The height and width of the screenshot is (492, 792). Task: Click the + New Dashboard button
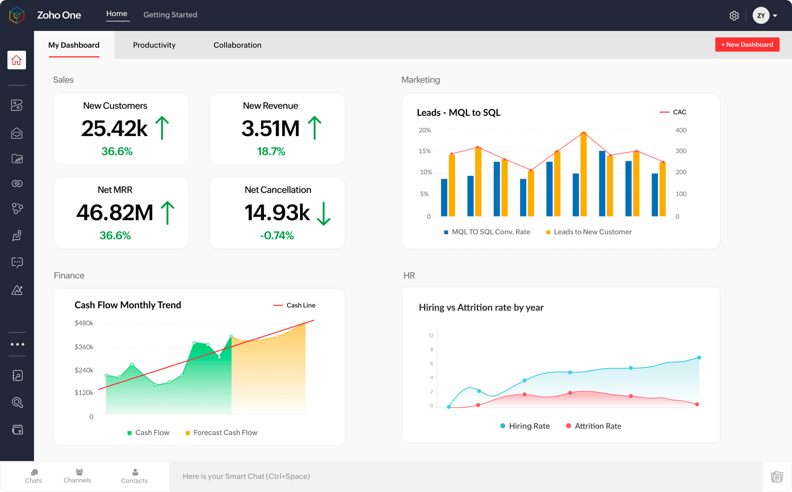click(747, 45)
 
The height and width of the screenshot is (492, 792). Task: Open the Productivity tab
click(154, 45)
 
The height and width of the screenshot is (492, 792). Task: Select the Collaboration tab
click(237, 45)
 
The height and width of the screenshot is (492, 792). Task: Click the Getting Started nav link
click(170, 15)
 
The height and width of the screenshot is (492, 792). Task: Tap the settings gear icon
click(734, 15)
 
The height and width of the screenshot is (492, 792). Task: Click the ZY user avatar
click(760, 15)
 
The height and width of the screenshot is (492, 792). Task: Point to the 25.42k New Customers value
click(114, 128)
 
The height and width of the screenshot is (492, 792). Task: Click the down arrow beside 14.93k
click(323, 214)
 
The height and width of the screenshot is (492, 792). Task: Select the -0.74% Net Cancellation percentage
click(277, 235)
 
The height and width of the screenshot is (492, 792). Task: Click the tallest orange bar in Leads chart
click(583, 175)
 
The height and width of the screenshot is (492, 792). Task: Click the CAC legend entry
click(673, 112)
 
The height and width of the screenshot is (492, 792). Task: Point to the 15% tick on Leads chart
click(424, 151)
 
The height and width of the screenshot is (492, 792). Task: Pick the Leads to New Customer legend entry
click(589, 232)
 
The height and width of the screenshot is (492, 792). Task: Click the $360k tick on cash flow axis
click(84, 347)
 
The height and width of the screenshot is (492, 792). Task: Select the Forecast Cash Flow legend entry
click(222, 433)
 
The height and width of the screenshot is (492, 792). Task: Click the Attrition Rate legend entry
click(594, 426)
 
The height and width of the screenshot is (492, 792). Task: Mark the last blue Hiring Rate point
click(699, 358)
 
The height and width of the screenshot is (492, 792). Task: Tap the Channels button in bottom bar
click(77, 475)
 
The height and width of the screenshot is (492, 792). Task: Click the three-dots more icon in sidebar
click(17, 344)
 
